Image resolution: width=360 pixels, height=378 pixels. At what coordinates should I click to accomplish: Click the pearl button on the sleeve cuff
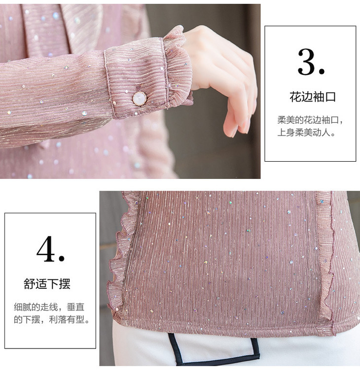tap(140, 99)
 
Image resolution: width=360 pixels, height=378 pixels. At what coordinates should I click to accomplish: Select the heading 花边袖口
tap(313, 97)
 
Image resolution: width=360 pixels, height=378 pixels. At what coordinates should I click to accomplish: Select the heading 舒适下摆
tap(47, 283)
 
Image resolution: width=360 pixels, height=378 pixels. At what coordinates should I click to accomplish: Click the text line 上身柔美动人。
tap(306, 133)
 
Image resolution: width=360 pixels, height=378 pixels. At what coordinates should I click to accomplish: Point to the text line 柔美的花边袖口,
tap(310, 120)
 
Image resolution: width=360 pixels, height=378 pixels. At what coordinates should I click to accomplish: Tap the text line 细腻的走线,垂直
tap(49, 307)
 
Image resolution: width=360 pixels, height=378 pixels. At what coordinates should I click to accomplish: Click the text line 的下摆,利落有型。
tap(52, 320)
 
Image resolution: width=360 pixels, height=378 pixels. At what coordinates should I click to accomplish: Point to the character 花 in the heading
tap(295, 97)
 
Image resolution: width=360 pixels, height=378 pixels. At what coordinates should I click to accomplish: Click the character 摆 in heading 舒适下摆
tap(65, 283)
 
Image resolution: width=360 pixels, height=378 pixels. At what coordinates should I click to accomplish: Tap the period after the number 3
tap(322, 71)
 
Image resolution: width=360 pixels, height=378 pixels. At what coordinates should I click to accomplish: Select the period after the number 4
tap(62, 259)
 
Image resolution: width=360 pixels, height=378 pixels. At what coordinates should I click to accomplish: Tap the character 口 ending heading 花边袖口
tap(330, 97)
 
